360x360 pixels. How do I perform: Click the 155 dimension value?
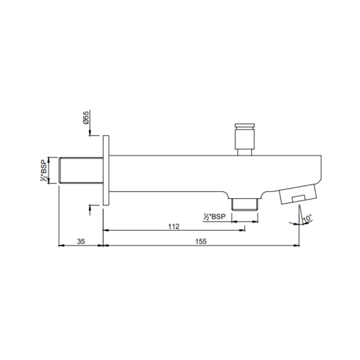click(201, 241)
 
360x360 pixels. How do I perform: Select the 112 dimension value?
click(174, 226)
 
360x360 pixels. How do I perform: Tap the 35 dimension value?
click(81, 241)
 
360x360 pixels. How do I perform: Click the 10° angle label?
click(308, 218)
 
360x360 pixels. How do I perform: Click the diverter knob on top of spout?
click(245, 139)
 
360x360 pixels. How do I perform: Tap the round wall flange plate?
click(106, 170)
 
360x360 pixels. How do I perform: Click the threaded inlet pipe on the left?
click(81, 170)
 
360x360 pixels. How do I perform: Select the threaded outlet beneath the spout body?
click(245, 204)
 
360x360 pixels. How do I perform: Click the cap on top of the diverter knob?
click(245, 125)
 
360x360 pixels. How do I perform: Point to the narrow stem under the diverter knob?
click(245, 152)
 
